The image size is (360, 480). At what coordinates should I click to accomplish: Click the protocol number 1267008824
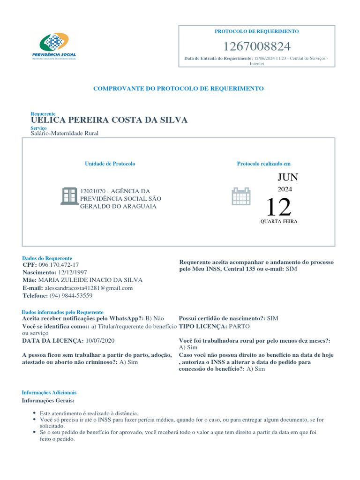coord(256,46)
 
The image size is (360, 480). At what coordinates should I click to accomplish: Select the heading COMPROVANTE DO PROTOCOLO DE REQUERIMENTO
coord(178,88)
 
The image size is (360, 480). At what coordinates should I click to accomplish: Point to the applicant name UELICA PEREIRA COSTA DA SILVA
coord(109,120)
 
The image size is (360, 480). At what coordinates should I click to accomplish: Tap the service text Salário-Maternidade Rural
coord(65,133)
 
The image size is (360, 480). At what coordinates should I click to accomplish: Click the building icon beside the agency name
coord(69,196)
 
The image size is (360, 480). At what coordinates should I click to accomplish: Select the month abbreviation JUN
coord(287,177)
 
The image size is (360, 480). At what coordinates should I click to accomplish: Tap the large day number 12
coord(278,207)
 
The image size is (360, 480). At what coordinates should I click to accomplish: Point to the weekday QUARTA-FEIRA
coord(279,221)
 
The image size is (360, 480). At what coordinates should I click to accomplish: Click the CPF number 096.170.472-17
coord(62,265)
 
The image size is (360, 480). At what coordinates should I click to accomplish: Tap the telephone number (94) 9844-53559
coord(71,296)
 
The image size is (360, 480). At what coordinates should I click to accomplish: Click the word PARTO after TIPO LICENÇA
coord(240,326)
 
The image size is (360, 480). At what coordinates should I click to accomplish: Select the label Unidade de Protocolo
coord(110,164)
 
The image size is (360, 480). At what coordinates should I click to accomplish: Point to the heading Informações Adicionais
coord(49,392)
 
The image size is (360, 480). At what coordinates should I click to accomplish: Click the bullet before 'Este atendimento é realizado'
coord(35,413)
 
